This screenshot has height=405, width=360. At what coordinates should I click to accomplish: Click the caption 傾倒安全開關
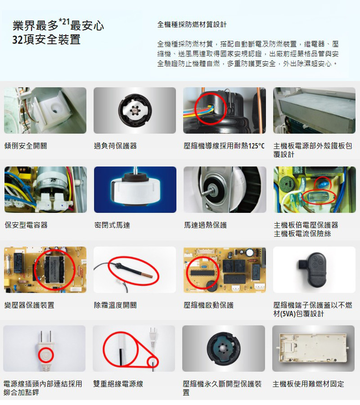(26, 146)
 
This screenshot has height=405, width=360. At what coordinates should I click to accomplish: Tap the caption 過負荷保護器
(116, 146)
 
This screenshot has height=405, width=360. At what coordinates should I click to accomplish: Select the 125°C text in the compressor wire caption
(256, 146)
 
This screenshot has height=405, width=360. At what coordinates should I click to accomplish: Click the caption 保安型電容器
(26, 225)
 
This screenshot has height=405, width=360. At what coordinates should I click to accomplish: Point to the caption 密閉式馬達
(112, 225)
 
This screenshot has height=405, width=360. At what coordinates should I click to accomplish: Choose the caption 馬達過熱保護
(205, 225)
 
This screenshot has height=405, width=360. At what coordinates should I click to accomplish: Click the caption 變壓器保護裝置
(29, 305)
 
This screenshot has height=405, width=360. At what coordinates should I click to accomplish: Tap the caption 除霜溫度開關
(116, 305)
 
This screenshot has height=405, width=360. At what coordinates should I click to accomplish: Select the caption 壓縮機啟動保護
(209, 305)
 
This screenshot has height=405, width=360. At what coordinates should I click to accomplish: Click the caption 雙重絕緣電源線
(118, 384)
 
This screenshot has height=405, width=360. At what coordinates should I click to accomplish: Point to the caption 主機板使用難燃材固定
(308, 384)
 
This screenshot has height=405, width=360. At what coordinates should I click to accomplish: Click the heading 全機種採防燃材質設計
(192, 25)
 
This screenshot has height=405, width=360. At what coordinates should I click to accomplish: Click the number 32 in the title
(18, 40)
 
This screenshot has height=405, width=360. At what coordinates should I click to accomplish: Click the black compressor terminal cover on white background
(313, 270)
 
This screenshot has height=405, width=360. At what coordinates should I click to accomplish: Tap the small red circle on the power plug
(46, 355)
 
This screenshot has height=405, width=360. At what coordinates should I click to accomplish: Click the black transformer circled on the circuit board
(54, 270)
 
